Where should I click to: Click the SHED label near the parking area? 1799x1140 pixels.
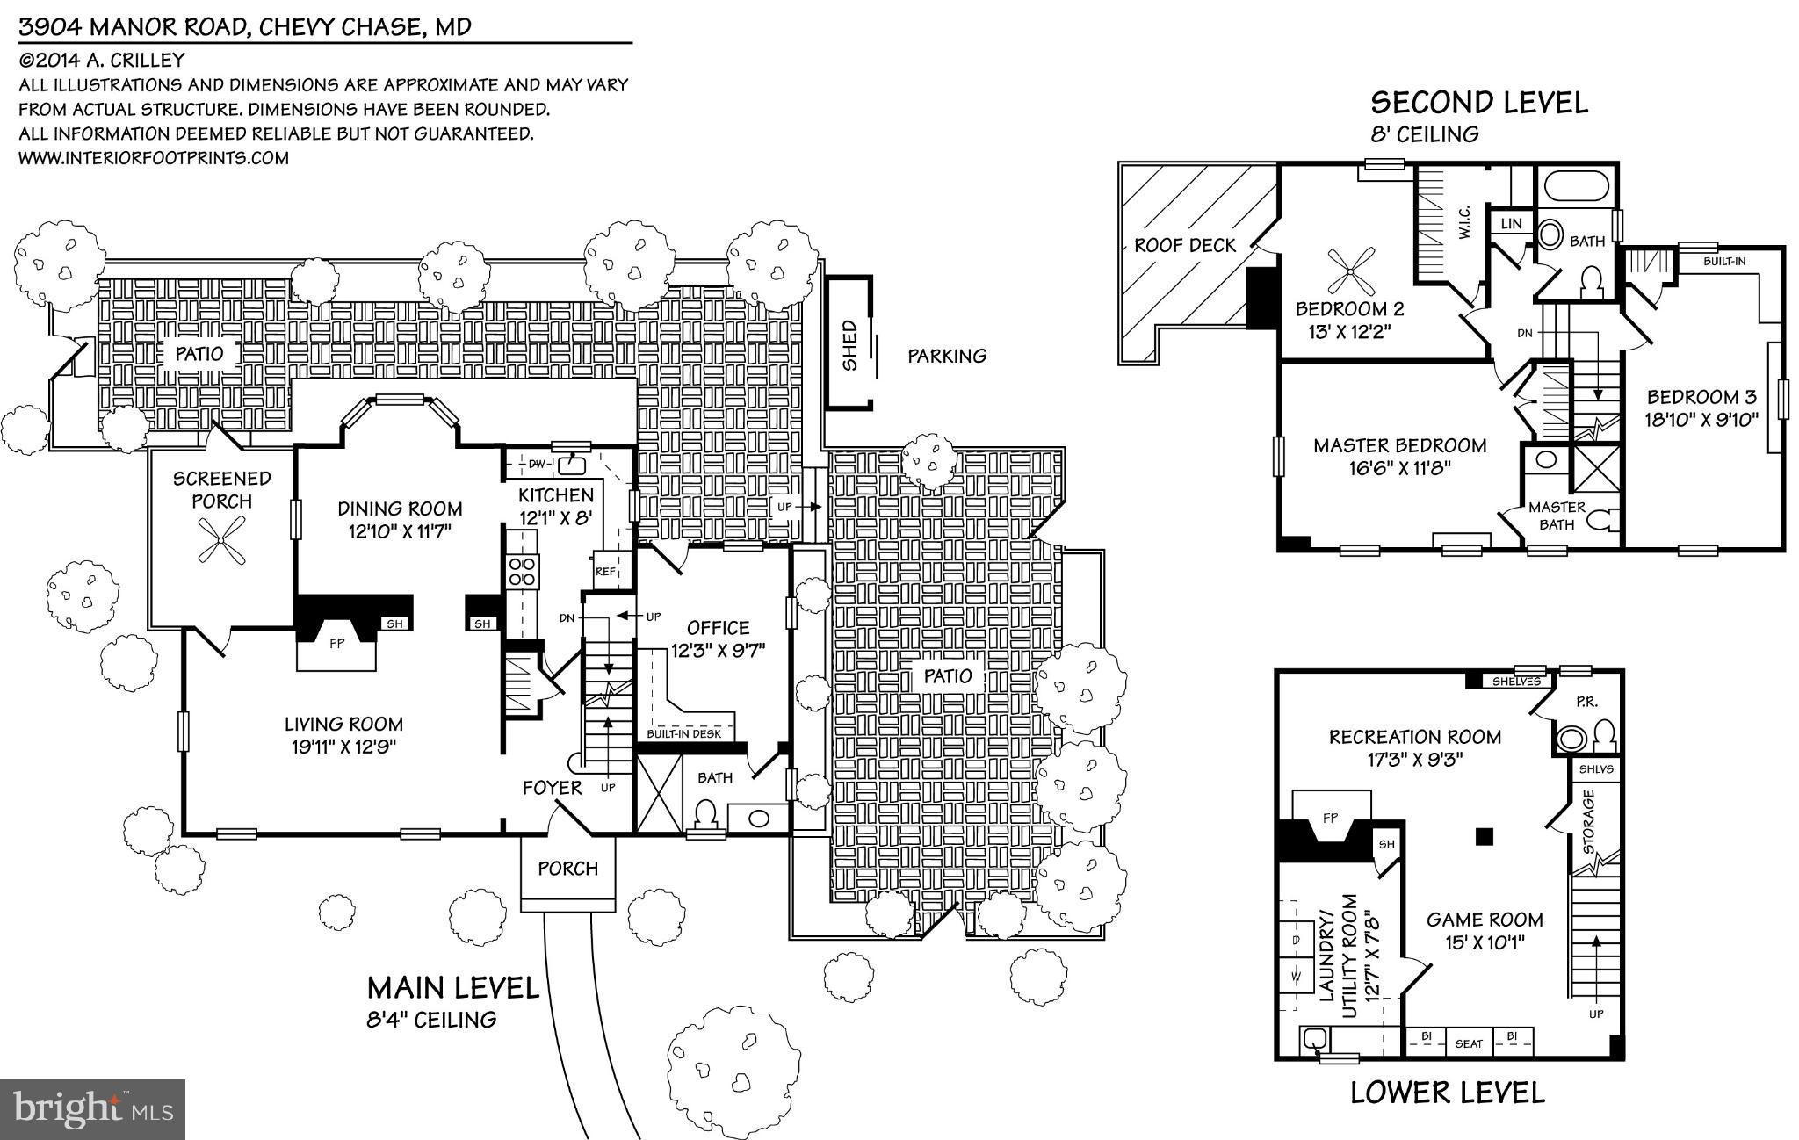[849, 344]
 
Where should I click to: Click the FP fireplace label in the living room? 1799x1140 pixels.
[336, 642]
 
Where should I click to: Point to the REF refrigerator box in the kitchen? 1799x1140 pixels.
[605, 571]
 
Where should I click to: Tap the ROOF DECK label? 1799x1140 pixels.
[1184, 245]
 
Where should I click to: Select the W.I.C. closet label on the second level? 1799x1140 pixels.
[1464, 222]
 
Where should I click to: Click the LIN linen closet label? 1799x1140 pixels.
[1511, 223]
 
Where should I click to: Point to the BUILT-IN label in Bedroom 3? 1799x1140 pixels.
[1724, 261]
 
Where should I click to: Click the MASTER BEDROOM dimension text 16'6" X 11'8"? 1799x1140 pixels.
[1399, 468]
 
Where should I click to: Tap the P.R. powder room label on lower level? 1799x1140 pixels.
[1586, 702]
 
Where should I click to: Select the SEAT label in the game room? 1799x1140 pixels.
[1469, 1043]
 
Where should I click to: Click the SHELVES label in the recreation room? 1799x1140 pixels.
[1516, 681]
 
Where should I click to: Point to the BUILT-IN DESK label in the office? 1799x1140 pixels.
[683, 733]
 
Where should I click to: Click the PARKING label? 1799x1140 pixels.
[946, 356]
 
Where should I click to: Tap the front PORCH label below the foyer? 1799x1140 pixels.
[567, 868]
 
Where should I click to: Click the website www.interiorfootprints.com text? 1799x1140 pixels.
[154, 158]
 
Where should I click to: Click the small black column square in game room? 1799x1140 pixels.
[1484, 836]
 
